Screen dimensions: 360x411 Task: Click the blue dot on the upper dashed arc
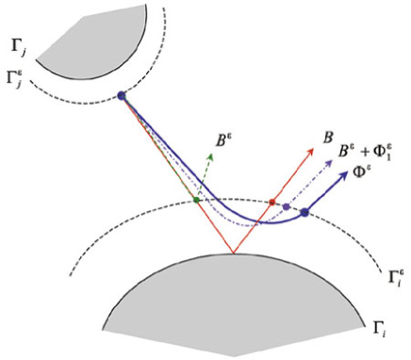pyautogui.click(x=122, y=95)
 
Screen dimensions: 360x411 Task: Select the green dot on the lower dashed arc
pyautogui.click(x=197, y=200)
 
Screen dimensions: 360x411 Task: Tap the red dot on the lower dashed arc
pyautogui.click(x=271, y=203)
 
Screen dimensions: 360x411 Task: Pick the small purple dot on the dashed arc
pyautogui.click(x=286, y=206)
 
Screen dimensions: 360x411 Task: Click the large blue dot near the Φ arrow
pyautogui.click(x=304, y=212)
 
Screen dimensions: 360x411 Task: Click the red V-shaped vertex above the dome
pyautogui.click(x=232, y=253)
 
